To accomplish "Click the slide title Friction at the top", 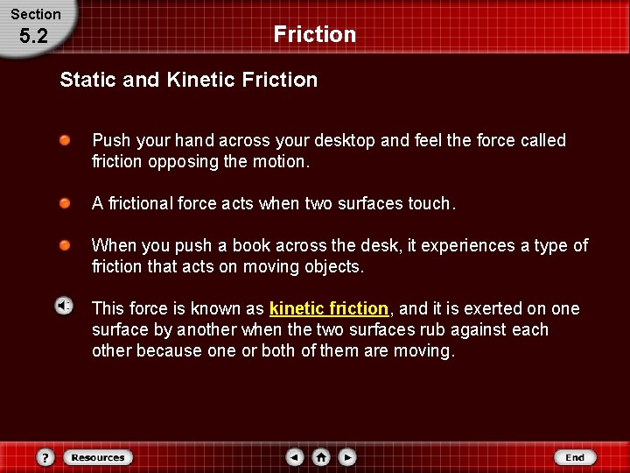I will (x=314, y=35).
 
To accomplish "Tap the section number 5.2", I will (x=36, y=38).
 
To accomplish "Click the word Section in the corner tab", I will (x=36, y=14).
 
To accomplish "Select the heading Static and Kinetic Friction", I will (x=188, y=80).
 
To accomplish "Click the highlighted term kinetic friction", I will (x=328, y=308).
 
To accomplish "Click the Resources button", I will (x=98, y=457).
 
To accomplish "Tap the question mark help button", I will (x=46, y=457).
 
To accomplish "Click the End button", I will (x=574, y=457).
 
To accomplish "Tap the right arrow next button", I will (x=347, y=457).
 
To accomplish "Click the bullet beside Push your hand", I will (x=66, y=140).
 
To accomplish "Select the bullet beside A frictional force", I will (x=66, y=203).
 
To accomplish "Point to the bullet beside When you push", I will (x=66, y=245).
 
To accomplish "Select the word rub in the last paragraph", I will (x=437, y=330).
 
